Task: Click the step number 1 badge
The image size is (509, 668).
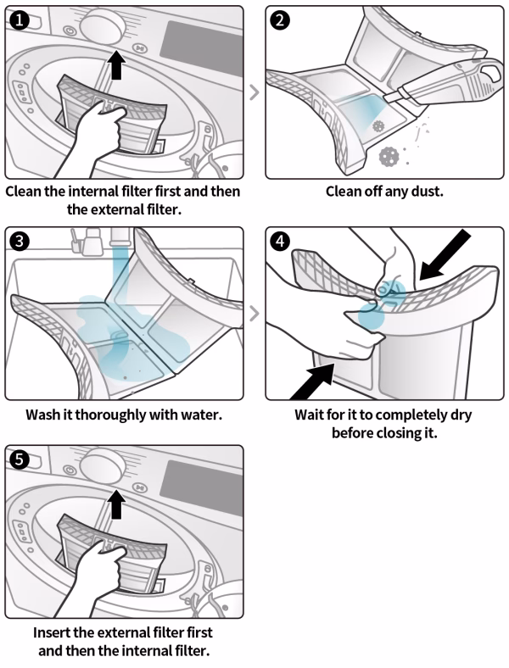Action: (x=19, y=20)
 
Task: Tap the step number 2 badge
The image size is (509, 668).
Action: (x=280, y=20)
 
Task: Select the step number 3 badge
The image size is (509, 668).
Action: (x=19, y=242)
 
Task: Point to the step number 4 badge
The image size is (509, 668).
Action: (x=280, y=242)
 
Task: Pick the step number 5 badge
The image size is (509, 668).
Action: (x=19, y=460)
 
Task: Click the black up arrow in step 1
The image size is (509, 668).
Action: (x=116, y=64)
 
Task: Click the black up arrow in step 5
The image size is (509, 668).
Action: (x=116, y=504)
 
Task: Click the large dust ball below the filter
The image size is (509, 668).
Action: (x=388, y=156)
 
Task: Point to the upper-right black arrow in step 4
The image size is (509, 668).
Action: (x=445, y=255)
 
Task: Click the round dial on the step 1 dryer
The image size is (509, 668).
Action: (x=102, y=25)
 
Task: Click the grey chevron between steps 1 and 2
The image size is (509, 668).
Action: (x=255, y=92)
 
